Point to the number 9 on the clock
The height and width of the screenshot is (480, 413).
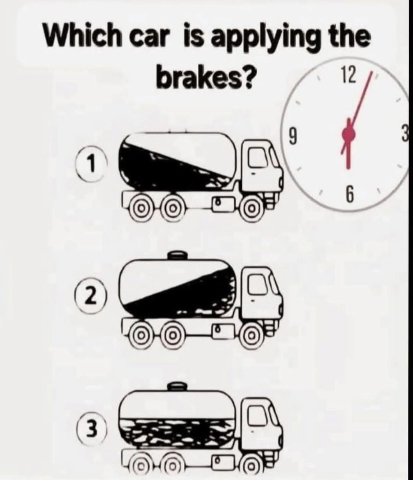[293, 137]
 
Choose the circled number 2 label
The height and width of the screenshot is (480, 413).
[90, 298]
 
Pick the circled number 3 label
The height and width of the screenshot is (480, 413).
[90, 429]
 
